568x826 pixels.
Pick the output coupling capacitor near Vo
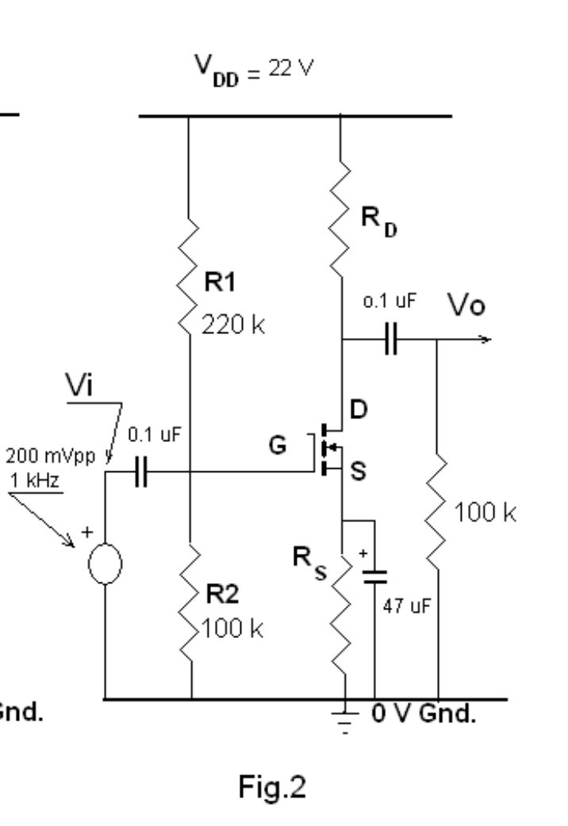point(390,341)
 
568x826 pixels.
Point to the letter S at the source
point(359,472)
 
